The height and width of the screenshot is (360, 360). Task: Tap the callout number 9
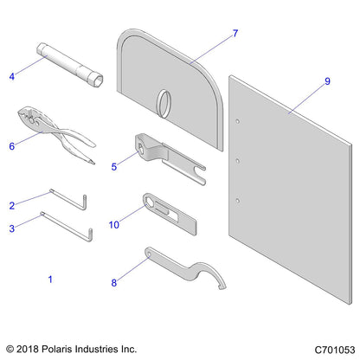click(x=327, y=82)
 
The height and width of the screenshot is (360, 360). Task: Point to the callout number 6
click(x=12, y=146)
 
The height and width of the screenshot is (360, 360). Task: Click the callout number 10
click(x=112, y=225)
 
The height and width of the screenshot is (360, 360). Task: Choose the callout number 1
click(x=49, y=280)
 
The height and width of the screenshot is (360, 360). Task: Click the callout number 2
click(x=11, y=206)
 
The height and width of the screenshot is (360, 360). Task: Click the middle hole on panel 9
click(x=237, y=159)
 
